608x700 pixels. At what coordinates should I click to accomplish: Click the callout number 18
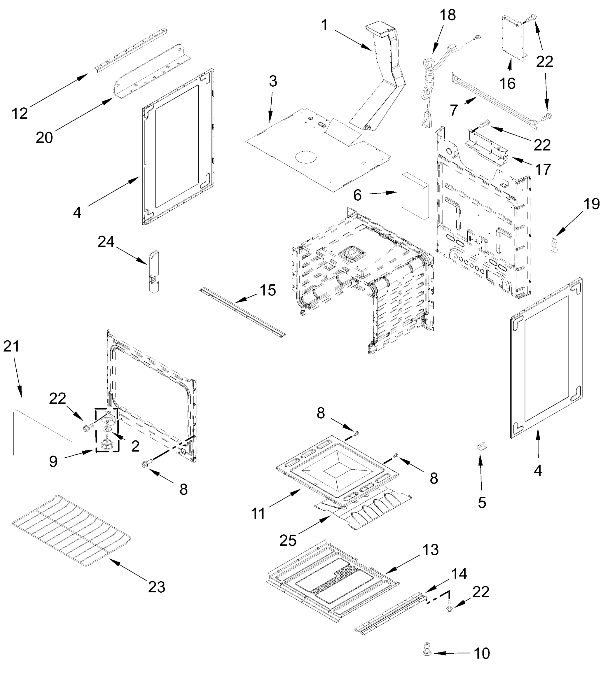coord(448,15)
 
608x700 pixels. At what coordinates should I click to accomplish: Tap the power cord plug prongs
coord(424,121)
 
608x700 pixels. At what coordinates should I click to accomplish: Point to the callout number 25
coord(288,540)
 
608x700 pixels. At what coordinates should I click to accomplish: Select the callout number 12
coord(19,113)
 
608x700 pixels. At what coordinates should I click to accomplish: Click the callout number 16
coord(508,83)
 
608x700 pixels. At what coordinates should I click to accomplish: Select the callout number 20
coord(44,138)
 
